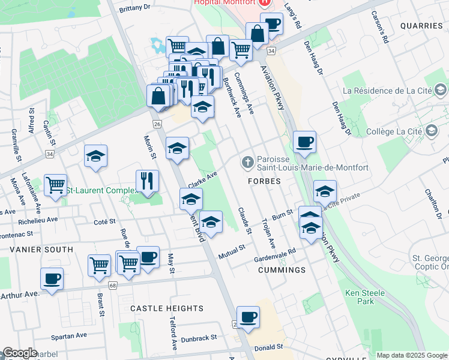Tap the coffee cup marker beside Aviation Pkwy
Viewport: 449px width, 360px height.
pos(305,142)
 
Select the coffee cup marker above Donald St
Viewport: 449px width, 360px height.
pos(248,317)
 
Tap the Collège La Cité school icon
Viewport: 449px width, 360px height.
pos(431,131)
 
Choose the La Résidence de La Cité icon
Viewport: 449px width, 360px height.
pos(441,91)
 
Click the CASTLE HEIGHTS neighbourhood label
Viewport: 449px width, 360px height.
pos(167,308)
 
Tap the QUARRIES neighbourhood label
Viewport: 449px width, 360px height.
pos(423,26)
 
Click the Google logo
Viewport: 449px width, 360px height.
pos(19,353)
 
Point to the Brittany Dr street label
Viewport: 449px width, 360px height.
pos(134,8)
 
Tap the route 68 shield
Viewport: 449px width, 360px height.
pos(113,286)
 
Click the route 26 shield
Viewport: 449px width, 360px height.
pos(157,124)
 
